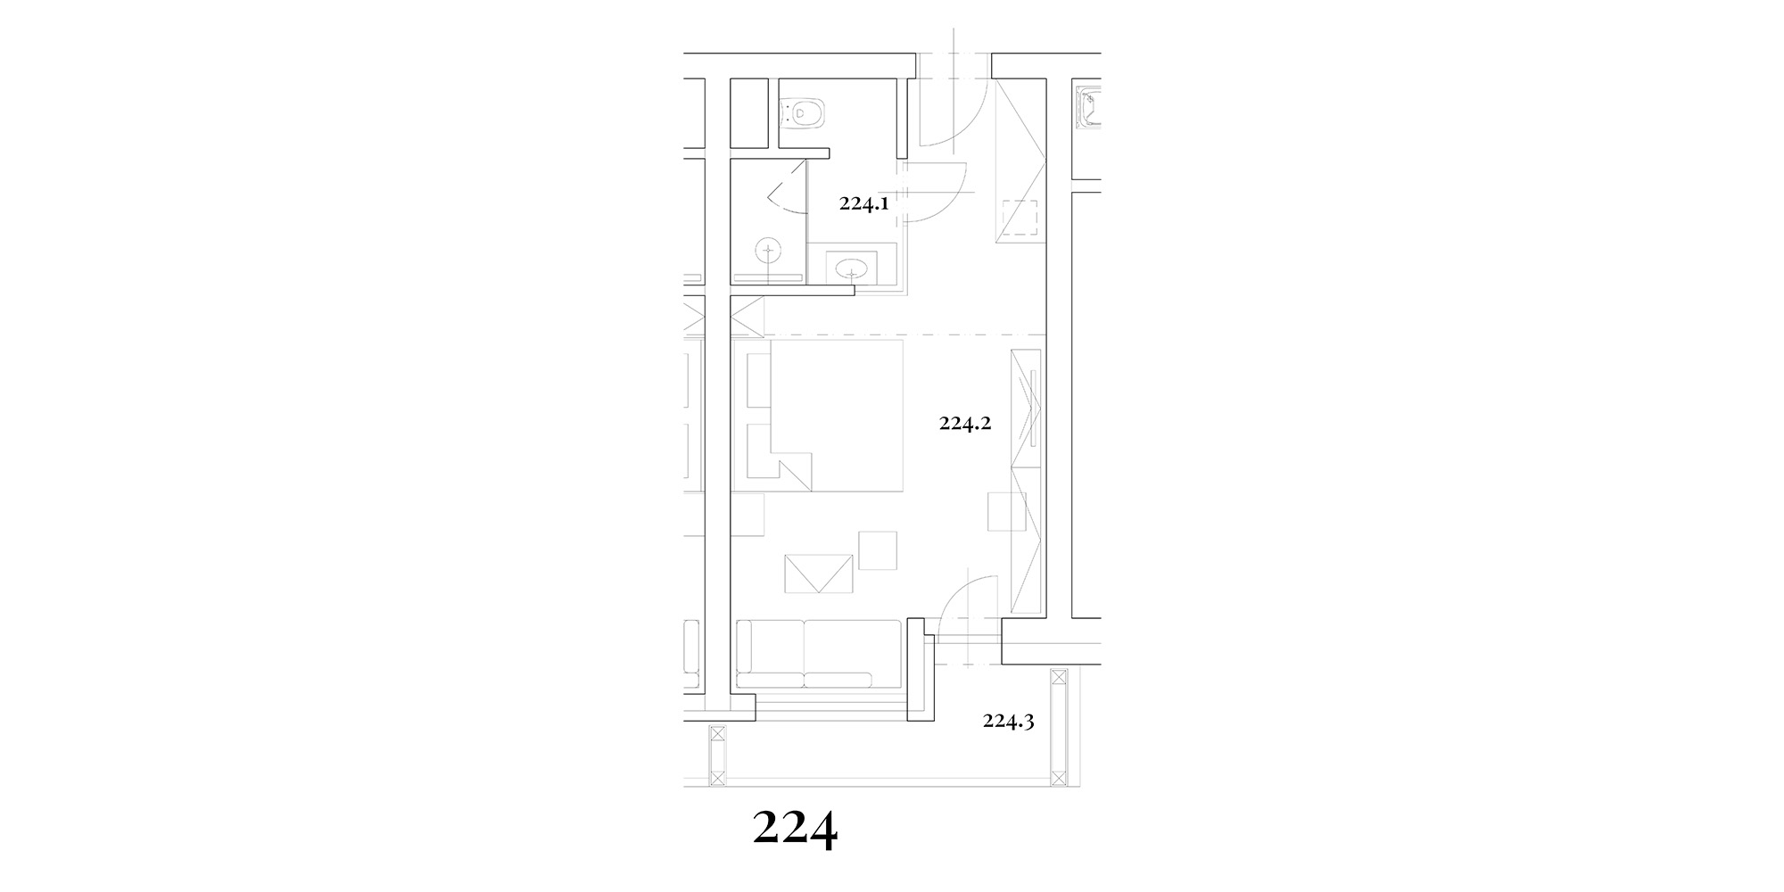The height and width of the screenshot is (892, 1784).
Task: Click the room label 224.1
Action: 863,203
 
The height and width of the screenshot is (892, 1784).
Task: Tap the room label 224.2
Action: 965,424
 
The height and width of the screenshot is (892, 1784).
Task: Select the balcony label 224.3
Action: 1008,721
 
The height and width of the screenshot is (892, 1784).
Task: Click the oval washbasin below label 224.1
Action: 851,267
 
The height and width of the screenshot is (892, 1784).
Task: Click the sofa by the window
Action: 817,654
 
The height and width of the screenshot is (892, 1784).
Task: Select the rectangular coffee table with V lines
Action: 818,574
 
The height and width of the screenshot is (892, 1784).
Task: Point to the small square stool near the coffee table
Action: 878,549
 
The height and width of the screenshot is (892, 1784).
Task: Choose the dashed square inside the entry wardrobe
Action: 1020,219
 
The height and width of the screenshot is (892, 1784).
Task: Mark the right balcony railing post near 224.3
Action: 1059,727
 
